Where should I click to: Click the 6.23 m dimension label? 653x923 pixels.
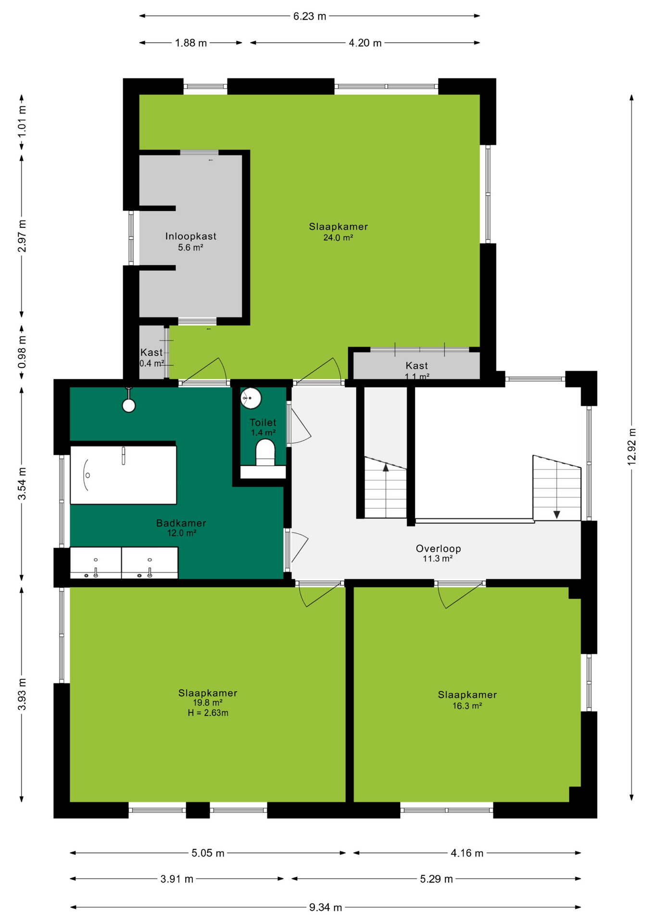click(x=310, y=16)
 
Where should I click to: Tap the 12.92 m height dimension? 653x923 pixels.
click(x=631, y=447)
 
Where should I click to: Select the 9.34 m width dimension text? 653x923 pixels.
click(x=326, y=907)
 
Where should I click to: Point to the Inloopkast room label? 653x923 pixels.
click(x=191, y=236)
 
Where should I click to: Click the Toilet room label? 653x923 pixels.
click(x=263, y=423)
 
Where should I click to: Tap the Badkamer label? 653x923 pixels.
click(x=181, y=523)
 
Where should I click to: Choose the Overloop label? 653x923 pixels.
click(x=439, y=549)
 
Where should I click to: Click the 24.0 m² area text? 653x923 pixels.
click(x=338, y=237)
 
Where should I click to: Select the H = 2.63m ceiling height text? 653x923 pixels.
click(x=208, y=713)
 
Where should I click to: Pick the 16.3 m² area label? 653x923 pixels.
click(x=467, y=706)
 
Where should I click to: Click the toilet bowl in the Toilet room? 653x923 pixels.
click(x=265, y=452)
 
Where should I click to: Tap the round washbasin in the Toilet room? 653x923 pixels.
click(x=251, y=399)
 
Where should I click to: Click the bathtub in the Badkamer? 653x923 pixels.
click(x=124, y=475)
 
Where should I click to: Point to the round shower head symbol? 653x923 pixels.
click(x=129, y=406)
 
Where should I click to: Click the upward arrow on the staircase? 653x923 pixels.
click(x=386, y=467)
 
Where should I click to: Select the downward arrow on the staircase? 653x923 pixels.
click(x=557, y=514)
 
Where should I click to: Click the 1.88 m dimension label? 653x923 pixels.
click(x=191, y=43)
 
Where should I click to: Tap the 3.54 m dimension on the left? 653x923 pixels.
click(x=22, y=483)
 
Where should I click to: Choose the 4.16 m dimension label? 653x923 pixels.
click(x=467, y=853)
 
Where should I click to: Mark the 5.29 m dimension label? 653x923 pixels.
click(x=437, y=879)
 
